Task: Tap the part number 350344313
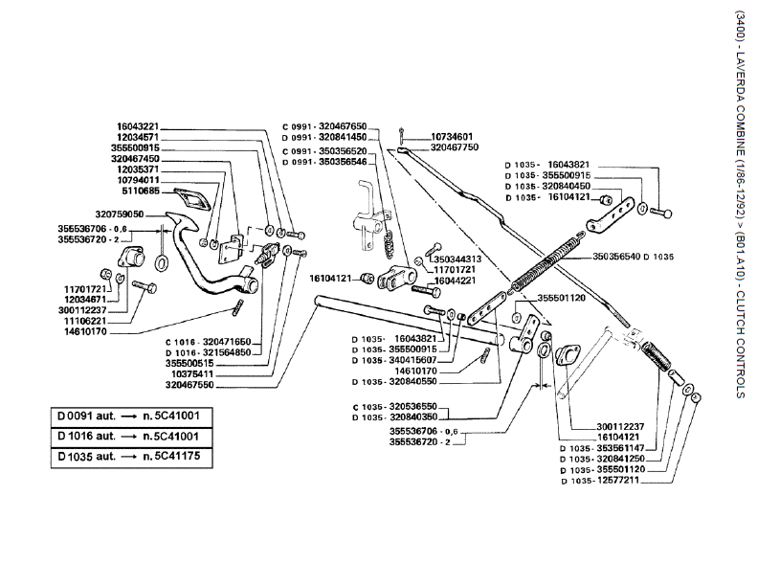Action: [455, 259]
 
